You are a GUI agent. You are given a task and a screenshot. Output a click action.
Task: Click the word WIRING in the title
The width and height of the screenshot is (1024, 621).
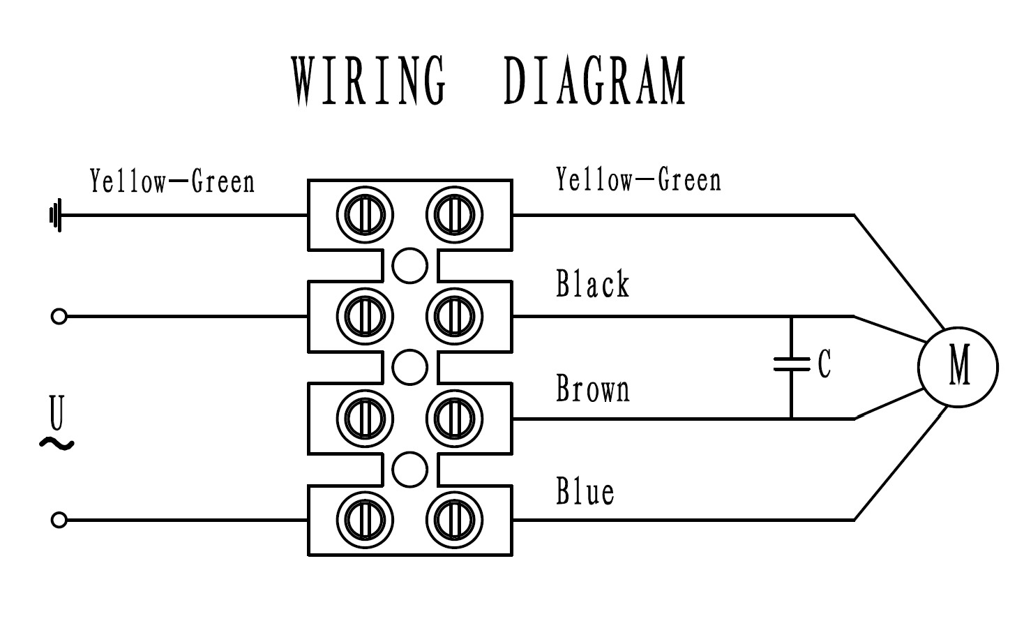(368, 82)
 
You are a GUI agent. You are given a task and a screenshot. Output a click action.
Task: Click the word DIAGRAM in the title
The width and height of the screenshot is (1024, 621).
(595, 82)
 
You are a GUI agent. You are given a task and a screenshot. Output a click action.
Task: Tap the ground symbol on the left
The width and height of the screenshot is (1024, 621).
(56, 215)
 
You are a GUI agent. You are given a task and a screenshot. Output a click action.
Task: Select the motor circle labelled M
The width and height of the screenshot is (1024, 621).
(958, 367)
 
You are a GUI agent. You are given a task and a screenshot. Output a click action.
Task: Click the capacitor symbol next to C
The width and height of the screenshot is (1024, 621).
(791, 364)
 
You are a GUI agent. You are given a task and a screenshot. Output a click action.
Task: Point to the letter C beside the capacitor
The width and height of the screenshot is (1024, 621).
(825, 364)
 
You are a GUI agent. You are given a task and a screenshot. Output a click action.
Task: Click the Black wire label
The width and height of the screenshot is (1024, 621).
(593, 284)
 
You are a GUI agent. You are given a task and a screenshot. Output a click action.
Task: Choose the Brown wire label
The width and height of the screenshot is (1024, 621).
(593, 388)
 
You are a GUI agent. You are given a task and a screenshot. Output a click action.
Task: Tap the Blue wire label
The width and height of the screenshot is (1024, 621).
(585, 491)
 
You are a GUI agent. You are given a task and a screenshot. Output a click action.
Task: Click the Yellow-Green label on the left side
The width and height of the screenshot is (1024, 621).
(172, 181)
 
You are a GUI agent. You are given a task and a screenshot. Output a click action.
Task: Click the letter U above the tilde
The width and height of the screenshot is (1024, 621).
(57, 413)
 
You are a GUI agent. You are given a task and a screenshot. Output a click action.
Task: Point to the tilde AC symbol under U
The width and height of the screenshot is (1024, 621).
(57, 443)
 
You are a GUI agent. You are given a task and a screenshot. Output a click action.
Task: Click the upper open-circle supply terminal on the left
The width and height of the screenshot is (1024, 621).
(59, 317)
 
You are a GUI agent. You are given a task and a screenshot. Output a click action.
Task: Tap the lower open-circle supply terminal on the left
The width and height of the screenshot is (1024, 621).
(59, 520)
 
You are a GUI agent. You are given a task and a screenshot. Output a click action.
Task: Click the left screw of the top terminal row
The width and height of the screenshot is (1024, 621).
(365, 214)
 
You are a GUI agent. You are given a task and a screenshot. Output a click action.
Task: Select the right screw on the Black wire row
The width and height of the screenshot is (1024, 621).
(454, 316)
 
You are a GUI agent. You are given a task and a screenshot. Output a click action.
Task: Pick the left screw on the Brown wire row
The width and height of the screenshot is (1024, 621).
(365, 419)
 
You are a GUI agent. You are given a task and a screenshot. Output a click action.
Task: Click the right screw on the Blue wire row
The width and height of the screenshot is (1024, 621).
(454, 520)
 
